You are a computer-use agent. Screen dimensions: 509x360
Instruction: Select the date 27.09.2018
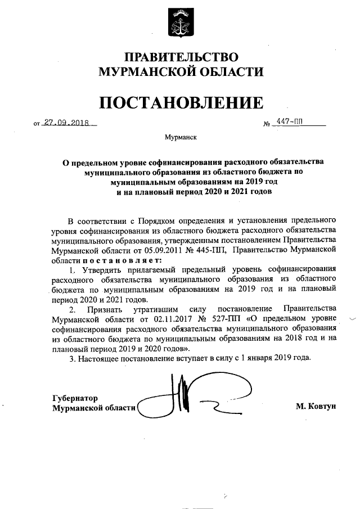68,123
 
